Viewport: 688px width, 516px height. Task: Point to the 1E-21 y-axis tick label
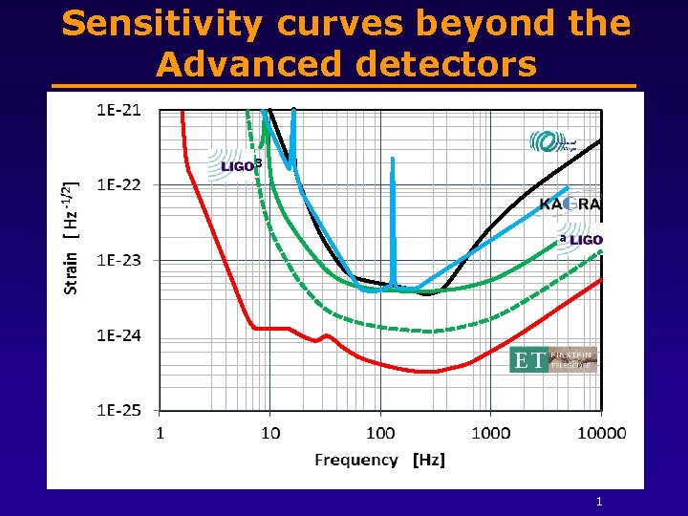[118, 110]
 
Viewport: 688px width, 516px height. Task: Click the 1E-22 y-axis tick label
[118, 184]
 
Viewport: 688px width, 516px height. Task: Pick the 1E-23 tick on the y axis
[118, 260]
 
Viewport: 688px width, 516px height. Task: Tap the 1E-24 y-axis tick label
[118, 335]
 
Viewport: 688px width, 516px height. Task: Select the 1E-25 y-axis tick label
[118, 410]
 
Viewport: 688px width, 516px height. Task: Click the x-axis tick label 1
[160, 433]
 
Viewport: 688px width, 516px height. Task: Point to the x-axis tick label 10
[270, 433]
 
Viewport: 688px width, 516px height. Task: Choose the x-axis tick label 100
[380, 433]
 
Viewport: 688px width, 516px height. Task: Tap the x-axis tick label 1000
[490, 433]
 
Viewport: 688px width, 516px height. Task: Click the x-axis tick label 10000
[601, 433]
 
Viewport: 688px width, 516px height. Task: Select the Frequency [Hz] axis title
[379, 460]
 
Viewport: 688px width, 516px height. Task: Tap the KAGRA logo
[570, 204]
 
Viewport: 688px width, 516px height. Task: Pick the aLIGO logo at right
[582, 239]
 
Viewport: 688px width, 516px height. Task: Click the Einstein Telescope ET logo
[553, 360]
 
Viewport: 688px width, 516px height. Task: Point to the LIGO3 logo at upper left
[233, 164]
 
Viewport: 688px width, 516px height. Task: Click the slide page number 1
[598, 502]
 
